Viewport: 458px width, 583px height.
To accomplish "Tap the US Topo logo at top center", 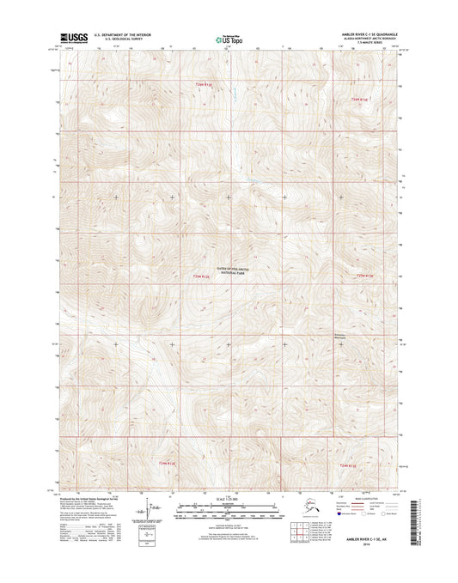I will pos(228,39).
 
